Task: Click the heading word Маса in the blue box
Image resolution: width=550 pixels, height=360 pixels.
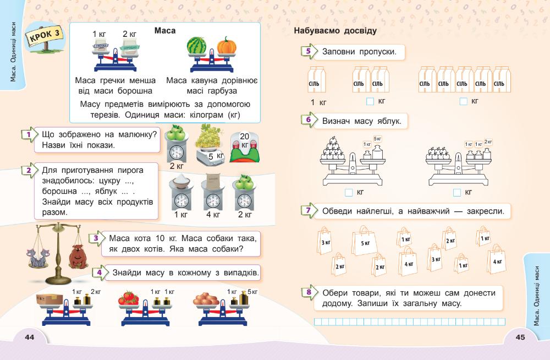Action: (x=165, y=31)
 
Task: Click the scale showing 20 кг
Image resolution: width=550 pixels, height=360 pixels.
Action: (x=245, y=147)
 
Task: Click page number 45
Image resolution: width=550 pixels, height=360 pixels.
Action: (x=520, y=337)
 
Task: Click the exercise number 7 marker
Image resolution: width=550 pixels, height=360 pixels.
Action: (x=308, y=210)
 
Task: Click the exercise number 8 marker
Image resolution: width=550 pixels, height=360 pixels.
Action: (x=308, y=292)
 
